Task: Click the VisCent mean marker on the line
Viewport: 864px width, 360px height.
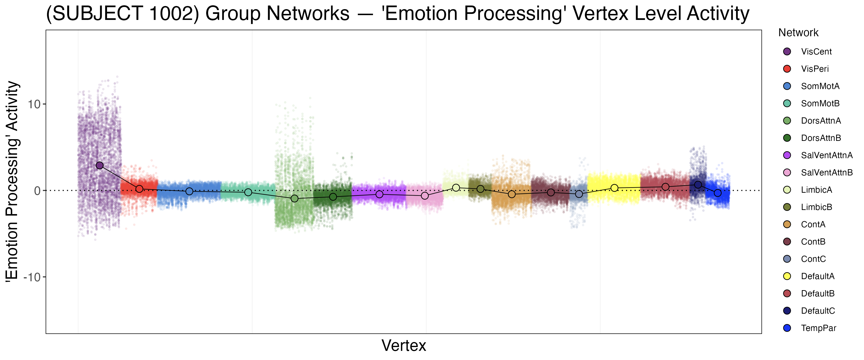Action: tap(100, 165)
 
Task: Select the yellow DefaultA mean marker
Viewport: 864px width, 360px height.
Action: tap(614, 188)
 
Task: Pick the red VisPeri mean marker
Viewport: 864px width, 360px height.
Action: tap(139, 189)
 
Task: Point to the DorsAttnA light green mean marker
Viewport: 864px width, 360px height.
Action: tap(294, 199)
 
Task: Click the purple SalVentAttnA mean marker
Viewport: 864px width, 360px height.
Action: tap(379, 194)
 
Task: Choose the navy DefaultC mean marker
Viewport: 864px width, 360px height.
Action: tap(698, 185)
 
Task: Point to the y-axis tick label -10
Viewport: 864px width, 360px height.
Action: tap(32, 277)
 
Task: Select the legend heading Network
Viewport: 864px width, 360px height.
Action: tap(798, 33)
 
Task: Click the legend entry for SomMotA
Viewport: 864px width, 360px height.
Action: tap(820, 86)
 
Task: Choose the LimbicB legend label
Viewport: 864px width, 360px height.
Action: tap(816, 207)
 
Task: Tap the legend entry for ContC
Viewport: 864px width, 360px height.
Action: tap(813, 259)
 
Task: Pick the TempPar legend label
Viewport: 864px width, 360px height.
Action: tap(818, 328)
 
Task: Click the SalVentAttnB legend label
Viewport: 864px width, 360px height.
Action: tap(826, 173)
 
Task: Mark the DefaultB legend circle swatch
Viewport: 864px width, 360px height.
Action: tap(787, 294)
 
